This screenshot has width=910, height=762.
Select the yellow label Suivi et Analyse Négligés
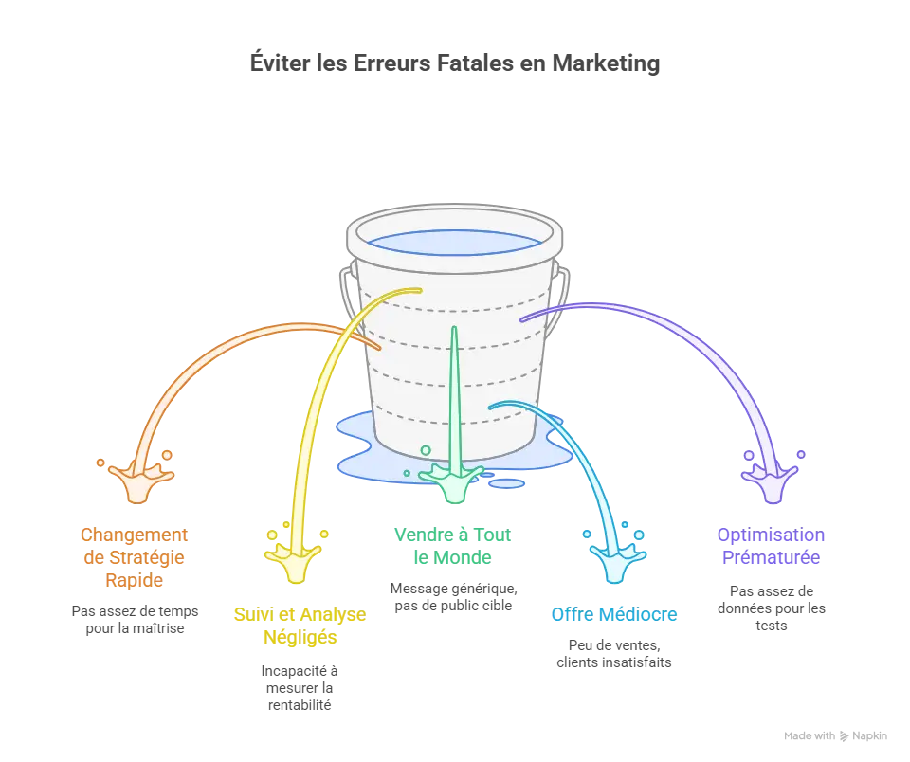[x=300, y=626]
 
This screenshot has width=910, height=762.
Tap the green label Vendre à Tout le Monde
[x=454, y=546]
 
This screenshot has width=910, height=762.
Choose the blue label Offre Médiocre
[x=614, y=614]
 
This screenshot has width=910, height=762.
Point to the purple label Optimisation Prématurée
[x=770, y=547]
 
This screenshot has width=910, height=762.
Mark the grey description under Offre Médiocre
[x=614, y=652]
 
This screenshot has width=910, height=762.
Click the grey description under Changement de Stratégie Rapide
[x=136, y=618]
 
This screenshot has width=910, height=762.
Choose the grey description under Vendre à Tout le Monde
[x=454, y=595]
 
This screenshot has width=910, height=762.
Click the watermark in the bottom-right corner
[x=834, y=735]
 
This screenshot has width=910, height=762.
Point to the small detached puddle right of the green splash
[x=507, y=483]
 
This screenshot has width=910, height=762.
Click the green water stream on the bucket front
[x=454, y=398]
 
